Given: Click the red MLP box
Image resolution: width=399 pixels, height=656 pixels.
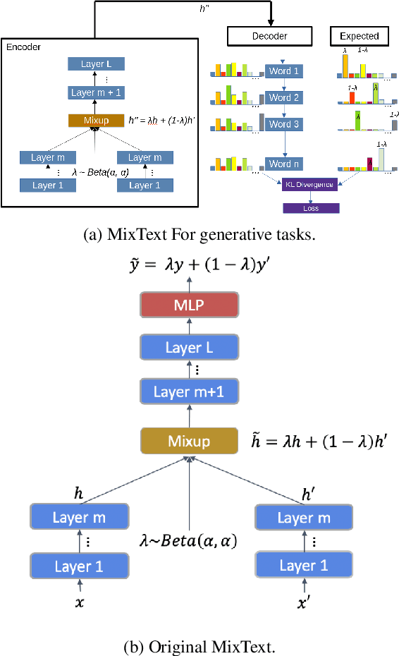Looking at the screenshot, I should [190, 306].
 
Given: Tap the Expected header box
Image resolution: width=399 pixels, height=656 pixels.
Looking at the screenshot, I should [359, 36].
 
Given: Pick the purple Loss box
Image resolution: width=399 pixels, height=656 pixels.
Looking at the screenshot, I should [311, 208].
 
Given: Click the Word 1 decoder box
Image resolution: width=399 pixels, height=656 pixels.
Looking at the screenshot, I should [284, 72].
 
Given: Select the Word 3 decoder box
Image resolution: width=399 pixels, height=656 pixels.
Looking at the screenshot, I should [284, 124].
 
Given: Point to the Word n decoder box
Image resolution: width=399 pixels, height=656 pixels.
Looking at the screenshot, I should [284, 164].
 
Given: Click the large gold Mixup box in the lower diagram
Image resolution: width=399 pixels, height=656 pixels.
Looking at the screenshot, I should [190, 441].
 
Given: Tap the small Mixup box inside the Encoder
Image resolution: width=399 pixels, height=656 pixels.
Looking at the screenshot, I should [96, 121].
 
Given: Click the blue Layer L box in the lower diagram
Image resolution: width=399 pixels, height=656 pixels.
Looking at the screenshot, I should [190, 347].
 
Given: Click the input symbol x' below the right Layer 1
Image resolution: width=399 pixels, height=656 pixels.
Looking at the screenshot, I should [303, 603].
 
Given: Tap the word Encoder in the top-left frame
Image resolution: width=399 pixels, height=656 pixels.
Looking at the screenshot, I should [23, 47].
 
